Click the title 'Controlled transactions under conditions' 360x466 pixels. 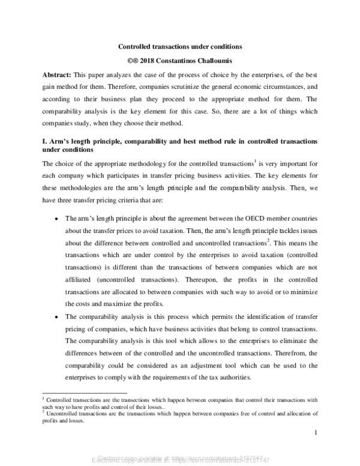pos(179,46)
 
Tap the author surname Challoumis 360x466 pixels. pos(221,60)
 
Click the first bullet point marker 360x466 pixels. pos(56,219)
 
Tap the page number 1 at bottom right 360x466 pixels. pos(314,432)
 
